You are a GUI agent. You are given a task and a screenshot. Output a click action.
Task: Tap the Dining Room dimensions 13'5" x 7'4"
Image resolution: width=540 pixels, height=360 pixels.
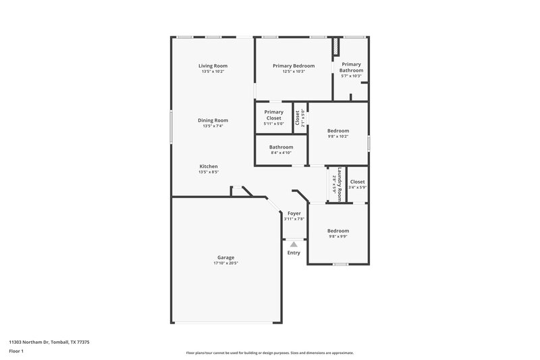click(x=211, y=126)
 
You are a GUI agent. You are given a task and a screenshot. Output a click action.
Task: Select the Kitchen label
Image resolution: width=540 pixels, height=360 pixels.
click(x=208, y=166)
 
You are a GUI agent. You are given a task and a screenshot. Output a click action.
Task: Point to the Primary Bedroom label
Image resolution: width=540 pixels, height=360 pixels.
click(x=294, y=66)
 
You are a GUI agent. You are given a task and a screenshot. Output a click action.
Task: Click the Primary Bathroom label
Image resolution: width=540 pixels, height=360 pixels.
click(x=352, y=68)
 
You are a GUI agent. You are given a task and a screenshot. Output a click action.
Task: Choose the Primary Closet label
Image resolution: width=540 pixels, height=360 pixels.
click(x=273, y=115)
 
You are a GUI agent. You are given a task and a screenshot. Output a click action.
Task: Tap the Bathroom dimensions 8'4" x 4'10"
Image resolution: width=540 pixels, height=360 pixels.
click(x=281, y=153)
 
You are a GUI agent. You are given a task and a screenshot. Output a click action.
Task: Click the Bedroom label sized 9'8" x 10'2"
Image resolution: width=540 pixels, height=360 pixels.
click(x=338, y=130)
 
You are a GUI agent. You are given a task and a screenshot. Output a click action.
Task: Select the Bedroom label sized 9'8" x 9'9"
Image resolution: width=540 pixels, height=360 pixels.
click(x=338, y=230)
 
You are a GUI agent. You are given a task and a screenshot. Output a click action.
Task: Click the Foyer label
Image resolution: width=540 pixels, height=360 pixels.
click(x=294, y=213)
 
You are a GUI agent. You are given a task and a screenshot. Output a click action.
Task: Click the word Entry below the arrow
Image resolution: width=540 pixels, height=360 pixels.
click(x=294, y=253)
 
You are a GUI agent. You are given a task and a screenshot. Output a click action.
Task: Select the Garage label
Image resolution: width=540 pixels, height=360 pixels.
click(x=225, y=257)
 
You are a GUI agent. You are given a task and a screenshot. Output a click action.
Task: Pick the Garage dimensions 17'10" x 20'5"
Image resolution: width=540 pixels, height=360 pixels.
click(x=225, y=263)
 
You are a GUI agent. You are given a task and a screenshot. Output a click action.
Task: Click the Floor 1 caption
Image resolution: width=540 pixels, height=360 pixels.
click(x=16, y=352)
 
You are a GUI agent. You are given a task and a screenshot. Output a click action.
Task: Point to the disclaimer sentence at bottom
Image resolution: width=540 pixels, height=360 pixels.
click(x=269, y=353)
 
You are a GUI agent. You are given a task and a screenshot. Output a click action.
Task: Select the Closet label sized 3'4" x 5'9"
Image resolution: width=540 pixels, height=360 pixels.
click(x=357, y=182)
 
